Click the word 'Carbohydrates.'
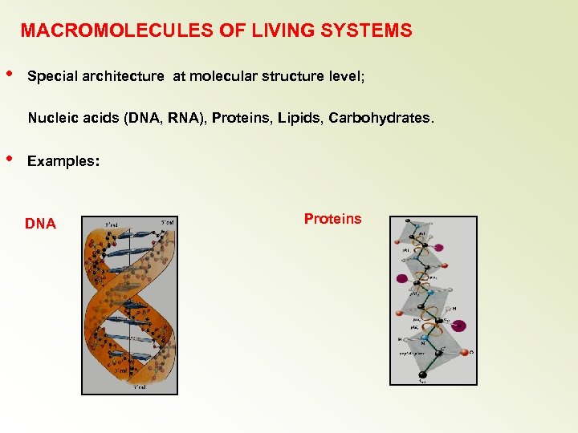point(381,119)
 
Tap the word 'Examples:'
point(63,161)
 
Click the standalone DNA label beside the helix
point(40,225)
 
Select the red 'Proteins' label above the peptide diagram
point(332,219)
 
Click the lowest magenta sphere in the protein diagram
point(458,326)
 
